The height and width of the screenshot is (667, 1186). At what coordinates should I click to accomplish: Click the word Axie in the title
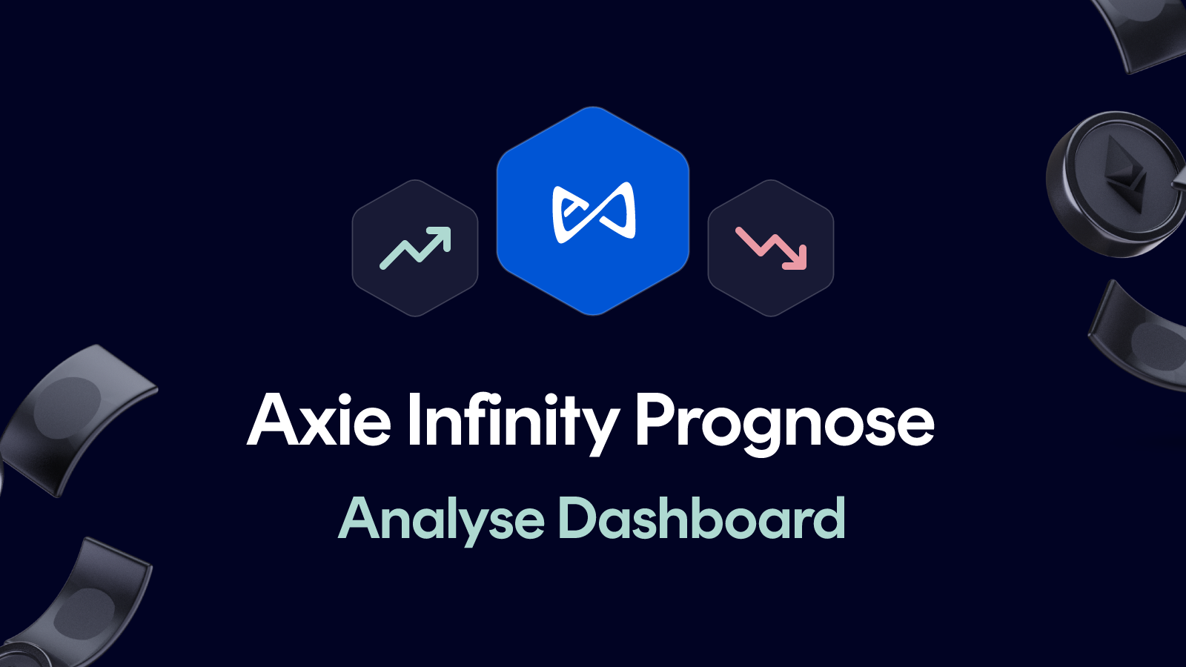point(319,420)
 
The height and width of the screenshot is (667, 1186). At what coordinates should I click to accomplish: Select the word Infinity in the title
point(512,420)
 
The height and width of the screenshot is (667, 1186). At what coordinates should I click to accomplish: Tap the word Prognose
point(784,420)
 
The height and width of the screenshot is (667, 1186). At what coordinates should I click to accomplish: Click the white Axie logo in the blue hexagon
point(593,213)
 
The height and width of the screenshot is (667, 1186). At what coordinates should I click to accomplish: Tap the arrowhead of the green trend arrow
point(442,236)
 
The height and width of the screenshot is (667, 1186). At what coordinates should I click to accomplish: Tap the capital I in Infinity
point(413,420)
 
